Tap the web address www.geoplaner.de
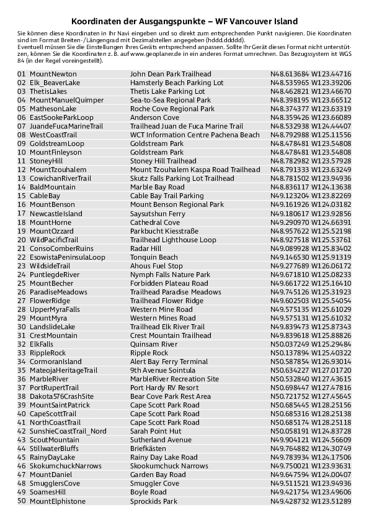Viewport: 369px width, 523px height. pos(201,54)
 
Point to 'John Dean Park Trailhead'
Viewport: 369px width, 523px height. pos(171,74)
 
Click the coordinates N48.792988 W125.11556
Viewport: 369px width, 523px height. pos(311,135)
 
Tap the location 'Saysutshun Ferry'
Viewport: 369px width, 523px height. pos(158,214)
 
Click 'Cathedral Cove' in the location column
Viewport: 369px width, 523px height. pos(155,222)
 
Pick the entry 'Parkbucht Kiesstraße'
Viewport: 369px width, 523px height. pos(163,231)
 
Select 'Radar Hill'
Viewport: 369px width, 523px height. pos(146,248)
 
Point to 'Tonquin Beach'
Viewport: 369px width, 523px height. pos(154,257)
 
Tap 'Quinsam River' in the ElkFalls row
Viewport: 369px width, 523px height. pos(154,344)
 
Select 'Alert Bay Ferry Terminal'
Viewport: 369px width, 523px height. pos(169,362)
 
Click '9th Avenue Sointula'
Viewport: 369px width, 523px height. pos(163,370)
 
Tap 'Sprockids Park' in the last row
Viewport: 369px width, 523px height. pos(154,501)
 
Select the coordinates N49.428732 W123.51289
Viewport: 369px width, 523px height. pos(311,501)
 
